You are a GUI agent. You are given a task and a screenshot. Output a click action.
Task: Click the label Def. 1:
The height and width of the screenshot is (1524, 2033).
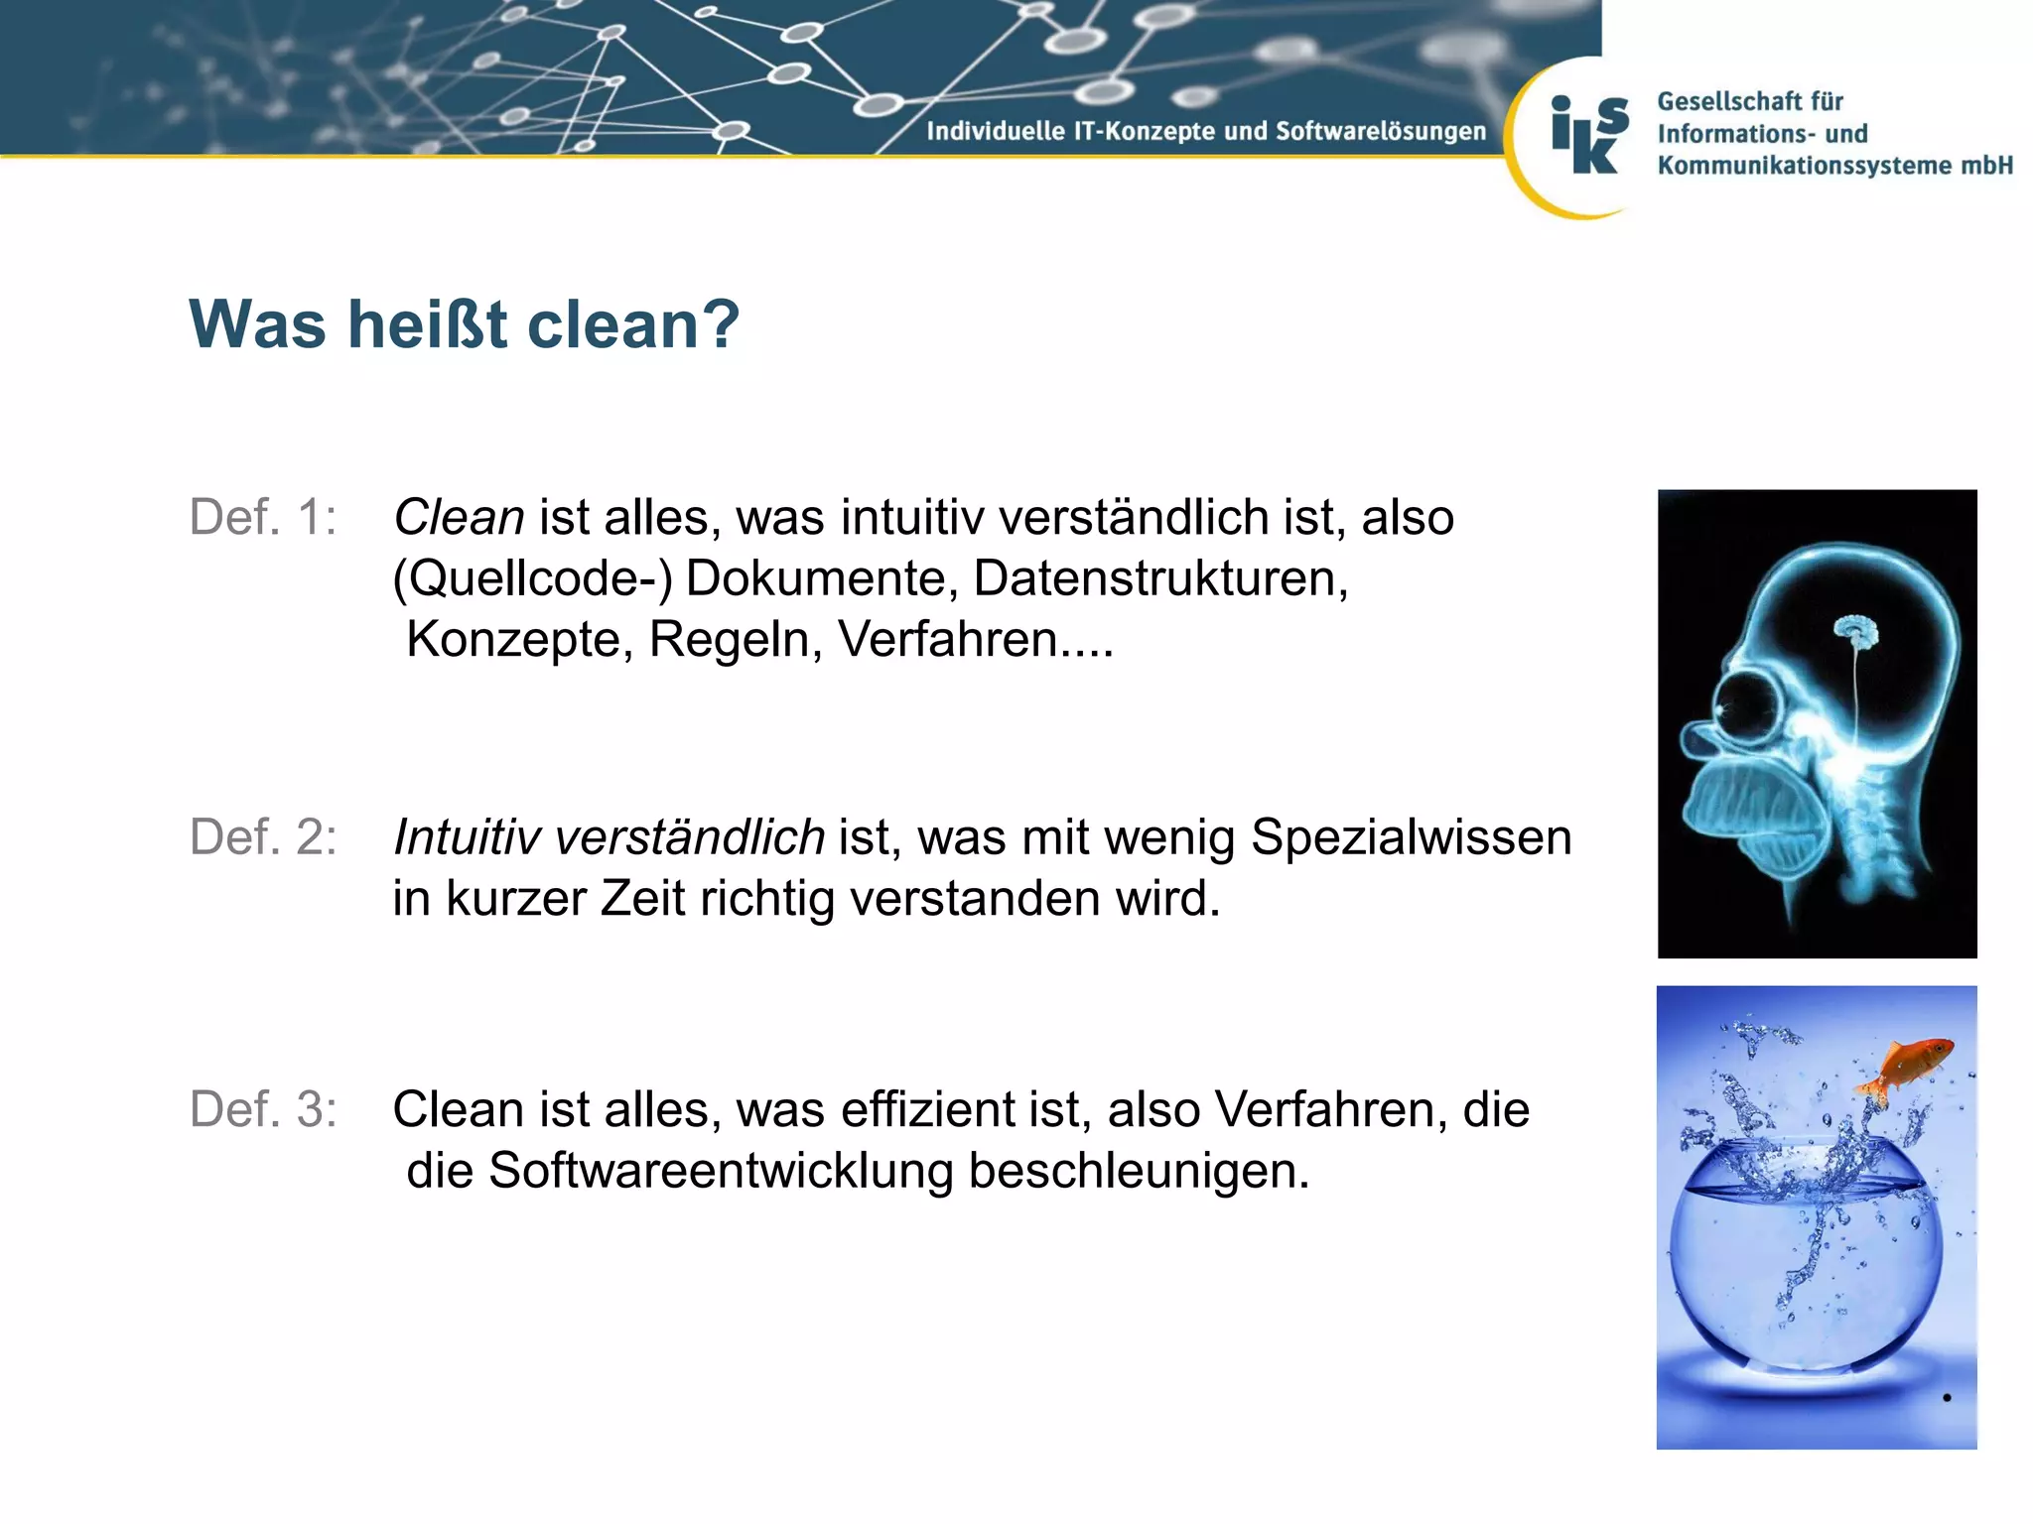(263, 518)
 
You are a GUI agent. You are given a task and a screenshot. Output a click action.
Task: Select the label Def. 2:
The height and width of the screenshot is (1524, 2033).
(263, 837)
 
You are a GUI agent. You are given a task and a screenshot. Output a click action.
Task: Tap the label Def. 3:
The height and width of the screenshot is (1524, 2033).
(263, 1109)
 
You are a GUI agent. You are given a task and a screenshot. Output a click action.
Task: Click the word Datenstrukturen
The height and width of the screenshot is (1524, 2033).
(1159, 578)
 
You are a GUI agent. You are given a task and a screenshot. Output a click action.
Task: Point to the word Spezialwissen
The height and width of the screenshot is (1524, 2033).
(1411, 837)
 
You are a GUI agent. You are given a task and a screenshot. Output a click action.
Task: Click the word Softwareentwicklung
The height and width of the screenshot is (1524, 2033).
(721, 1171)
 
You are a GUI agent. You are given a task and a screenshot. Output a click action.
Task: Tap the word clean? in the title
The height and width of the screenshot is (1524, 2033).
(633, 324)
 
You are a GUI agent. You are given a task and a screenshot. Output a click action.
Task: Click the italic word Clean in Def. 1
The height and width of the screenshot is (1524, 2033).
(459, 518)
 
